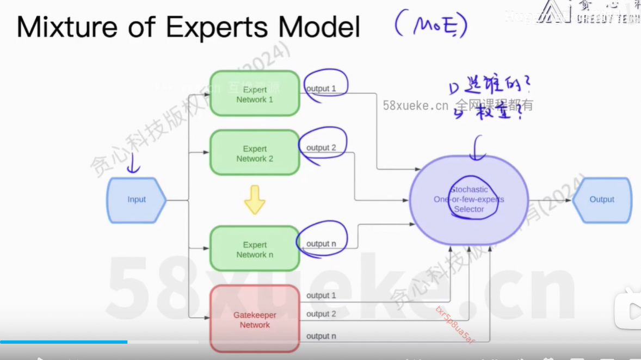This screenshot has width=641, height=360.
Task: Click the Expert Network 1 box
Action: coord(255,94)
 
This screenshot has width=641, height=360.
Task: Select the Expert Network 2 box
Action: coord(255,153)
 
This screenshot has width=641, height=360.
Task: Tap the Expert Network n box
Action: coord(255,249)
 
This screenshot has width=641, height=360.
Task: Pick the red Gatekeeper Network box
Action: coord(255,320)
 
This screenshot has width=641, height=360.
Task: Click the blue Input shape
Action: coord(137,200)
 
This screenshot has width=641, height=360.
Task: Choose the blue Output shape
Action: coord(602,200)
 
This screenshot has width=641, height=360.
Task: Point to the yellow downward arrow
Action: coord(255,200)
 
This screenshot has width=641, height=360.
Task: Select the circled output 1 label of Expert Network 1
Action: coord(321,89)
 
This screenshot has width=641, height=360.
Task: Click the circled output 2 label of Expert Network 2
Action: coord(321,148)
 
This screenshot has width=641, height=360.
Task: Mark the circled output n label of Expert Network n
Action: coord(321,244)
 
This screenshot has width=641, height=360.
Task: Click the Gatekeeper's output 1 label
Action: coord(321,295)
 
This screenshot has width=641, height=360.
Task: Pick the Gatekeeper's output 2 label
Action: coord(321,314)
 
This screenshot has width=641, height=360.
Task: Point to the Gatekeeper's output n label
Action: coord(321,336)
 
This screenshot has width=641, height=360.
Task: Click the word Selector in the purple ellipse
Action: coord(469,209)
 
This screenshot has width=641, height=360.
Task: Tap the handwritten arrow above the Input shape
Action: coord(133,164)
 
